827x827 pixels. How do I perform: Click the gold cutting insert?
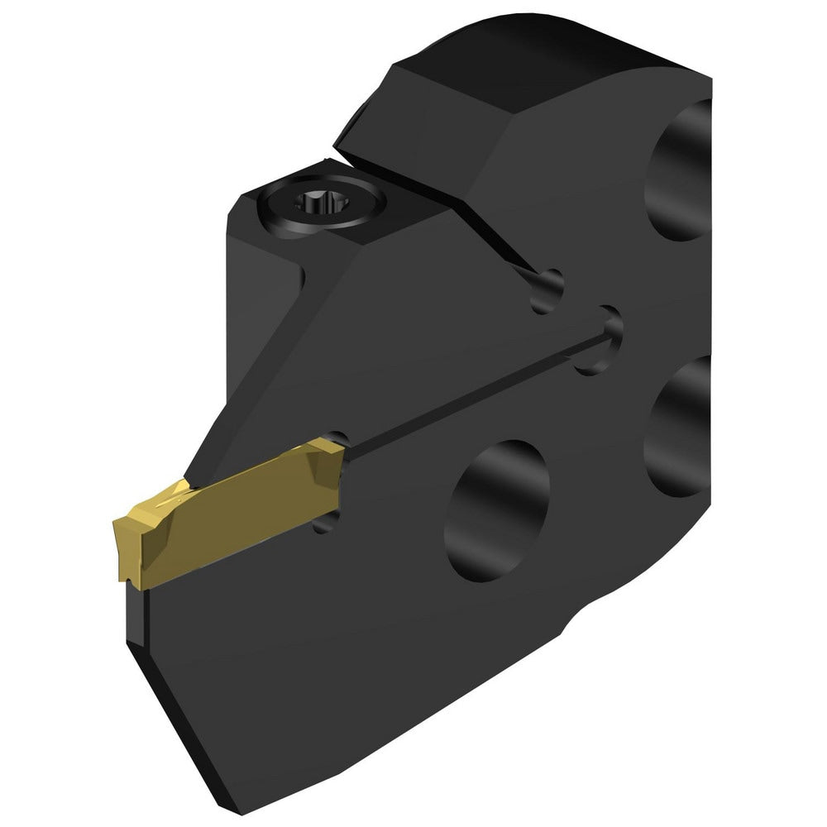(232, 513)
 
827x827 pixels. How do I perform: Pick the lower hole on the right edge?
(682, 426)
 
